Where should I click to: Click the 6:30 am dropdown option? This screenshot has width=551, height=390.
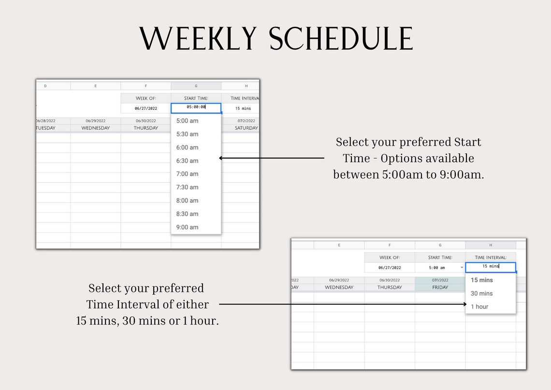click(188, 161)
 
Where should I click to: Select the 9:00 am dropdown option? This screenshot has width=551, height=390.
click(188, 227)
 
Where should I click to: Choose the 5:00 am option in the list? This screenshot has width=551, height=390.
click(188, 120)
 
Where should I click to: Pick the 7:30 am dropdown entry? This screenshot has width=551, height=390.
click(188, 187)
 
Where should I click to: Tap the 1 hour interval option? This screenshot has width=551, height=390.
click(479, 306)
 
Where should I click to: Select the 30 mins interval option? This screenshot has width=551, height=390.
click(481, 293)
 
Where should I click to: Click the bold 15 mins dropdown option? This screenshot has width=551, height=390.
click(481, 280)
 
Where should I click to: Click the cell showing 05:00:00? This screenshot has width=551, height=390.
click(196, 107)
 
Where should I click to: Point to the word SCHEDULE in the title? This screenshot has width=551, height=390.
click(341, 39)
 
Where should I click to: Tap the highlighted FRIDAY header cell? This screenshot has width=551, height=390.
click(440, 287)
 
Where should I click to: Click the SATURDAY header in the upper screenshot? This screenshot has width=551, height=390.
click(246, 128)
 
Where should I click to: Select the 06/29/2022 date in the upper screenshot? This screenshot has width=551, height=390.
click(95, 121)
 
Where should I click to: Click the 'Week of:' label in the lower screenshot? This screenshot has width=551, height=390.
click(389, 257)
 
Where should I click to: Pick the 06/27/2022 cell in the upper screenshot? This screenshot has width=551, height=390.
click(145, 108)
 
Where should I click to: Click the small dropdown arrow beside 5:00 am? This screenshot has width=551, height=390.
click(462, 268)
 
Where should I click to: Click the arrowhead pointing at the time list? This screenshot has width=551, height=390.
click(221, 158)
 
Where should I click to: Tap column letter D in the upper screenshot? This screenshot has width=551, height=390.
click(45, 86)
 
